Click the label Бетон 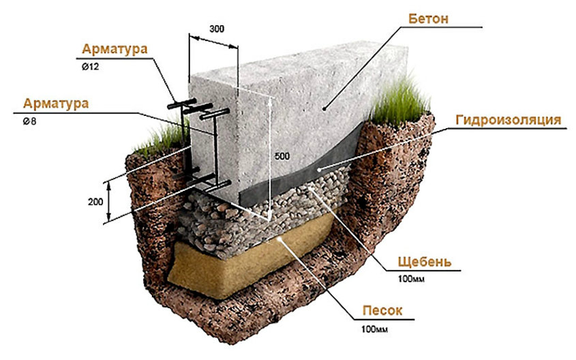click(428, 18)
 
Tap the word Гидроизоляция click(509, 120)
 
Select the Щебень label click(424, 262)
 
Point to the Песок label click(382, 311)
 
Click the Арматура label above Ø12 click(115, 49)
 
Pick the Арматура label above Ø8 click(56, 104)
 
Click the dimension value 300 click(217, 29)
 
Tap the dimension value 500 click(282, 156)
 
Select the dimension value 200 click(95, 202)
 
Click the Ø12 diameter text click(91, 67)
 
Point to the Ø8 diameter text click(30, 121)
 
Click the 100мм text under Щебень click(411, 279)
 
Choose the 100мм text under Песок click(375, 329)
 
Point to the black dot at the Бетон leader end click(324, 108)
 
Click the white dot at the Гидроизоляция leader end click(320, 169)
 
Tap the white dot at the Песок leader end click(281, 239)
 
